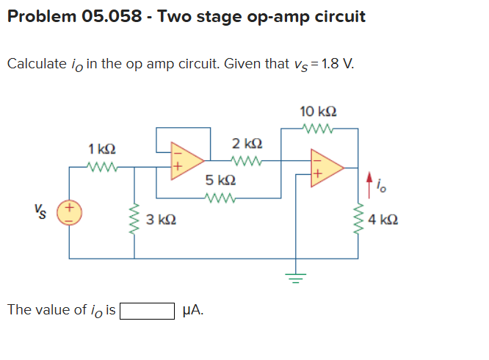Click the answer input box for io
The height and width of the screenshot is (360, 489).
pos(147,310)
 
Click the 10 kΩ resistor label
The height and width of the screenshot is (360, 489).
pos(319,112)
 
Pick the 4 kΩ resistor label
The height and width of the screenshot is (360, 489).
pos(383,218)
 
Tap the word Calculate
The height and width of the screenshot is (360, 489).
pos(36,63)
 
